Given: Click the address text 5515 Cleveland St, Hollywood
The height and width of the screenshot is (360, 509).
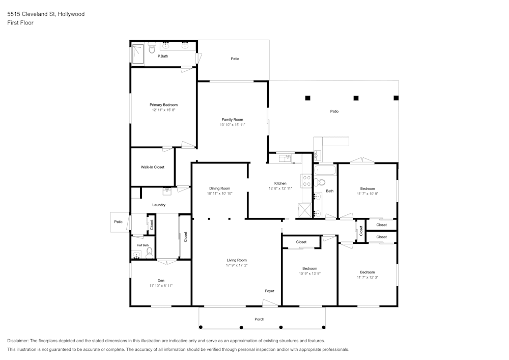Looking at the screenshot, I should [46, 14].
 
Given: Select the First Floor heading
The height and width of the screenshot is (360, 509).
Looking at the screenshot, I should [20, 23].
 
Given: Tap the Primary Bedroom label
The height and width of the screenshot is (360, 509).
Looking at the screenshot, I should [163, 105].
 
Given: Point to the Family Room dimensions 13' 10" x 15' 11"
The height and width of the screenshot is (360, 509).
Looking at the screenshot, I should [232, 125].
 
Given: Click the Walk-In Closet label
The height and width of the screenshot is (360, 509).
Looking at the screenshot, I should [153, 167].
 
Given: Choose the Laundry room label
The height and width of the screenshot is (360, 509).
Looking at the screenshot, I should [159, 205].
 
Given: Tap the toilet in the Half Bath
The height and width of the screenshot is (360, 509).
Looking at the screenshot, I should [149, 251].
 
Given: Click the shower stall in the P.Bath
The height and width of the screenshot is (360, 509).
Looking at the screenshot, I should [138, 53].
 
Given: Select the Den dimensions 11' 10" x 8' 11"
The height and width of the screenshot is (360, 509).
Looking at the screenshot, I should [161, 286].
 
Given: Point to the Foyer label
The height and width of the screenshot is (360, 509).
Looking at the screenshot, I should [269, 291].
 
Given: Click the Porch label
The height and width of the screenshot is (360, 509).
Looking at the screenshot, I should [260, 319].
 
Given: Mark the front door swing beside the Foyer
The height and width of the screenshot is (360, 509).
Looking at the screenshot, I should [270, 303].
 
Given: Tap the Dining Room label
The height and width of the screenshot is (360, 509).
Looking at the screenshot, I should [219, 188].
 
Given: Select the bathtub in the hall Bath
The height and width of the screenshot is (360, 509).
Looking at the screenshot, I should [325, 170].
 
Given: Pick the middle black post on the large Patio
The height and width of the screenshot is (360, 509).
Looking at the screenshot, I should [356, 98].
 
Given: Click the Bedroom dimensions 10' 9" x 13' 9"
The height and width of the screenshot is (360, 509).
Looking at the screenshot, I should [309, 273].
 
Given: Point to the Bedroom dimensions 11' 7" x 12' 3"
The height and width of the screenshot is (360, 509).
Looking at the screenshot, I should [367, 277].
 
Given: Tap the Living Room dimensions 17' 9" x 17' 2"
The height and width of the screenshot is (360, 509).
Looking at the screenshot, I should [237, 265].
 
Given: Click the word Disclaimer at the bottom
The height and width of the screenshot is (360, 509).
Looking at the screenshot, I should [18, 341].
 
